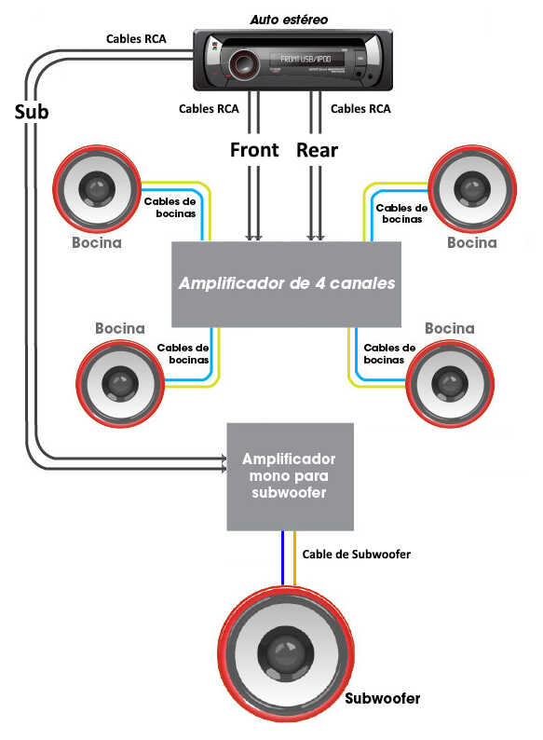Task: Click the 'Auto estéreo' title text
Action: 289,20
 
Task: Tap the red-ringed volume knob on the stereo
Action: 244,63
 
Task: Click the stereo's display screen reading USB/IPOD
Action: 306,60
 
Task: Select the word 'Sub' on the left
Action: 32,112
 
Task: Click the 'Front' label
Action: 254,150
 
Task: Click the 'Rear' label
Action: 317,150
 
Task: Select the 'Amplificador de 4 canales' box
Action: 286,284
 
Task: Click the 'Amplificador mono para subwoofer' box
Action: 291,476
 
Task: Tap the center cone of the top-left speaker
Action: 97,188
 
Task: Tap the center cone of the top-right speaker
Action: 472,188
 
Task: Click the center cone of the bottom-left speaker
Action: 120,383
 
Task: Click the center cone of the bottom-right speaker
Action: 450,383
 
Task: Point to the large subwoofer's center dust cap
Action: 285,653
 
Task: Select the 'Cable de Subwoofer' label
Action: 356,554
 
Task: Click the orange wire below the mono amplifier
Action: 295,559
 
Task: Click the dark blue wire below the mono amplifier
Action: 282,558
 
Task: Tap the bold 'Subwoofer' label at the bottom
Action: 382,698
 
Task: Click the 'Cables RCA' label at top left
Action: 136,39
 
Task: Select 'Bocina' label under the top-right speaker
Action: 472,242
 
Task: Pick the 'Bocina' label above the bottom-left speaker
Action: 120,328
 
